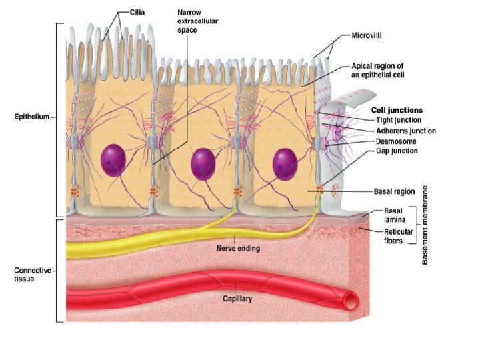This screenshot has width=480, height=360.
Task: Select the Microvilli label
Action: [x=367, y=35]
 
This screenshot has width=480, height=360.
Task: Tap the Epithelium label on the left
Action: [x=32, y=117]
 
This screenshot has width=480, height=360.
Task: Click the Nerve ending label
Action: [x=239, y=249]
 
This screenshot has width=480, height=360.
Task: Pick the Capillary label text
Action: [x=237, y=299]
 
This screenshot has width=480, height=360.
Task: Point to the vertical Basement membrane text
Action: [x=425, y=225]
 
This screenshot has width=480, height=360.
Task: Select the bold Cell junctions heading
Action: [x=396, y=110]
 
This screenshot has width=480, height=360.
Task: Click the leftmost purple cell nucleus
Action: [x=114, y=160]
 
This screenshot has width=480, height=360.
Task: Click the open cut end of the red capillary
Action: [x=348, y=302]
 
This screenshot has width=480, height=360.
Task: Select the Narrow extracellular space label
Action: [x=198, y=21]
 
